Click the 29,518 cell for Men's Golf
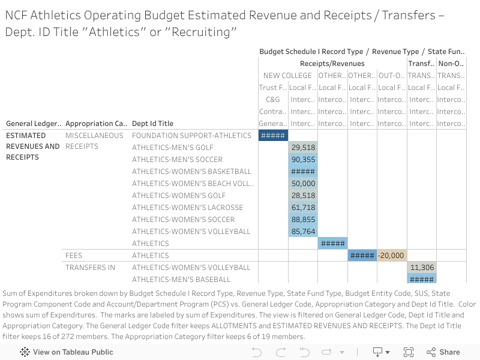pos(303,148)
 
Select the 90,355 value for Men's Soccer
pos(303,160)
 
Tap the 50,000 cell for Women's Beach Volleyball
pos(303,184)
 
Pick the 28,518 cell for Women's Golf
pos(303,196)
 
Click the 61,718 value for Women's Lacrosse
pos(303,208)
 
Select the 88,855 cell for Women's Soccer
pos(303,220)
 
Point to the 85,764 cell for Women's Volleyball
pos(303,232)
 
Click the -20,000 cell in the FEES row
pos(392,256)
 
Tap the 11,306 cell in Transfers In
pos(422,268)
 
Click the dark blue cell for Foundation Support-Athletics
pos(273,136)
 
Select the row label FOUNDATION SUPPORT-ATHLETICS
pos(183,136)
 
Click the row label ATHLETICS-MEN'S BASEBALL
pos(181,280)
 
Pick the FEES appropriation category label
pos(74,256)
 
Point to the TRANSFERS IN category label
pos(90,268)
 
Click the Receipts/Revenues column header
pos(332,64)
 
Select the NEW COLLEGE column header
pos(287,76)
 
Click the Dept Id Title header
pos(152,124)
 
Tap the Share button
pos(443,352)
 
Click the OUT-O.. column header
pos(392,76)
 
